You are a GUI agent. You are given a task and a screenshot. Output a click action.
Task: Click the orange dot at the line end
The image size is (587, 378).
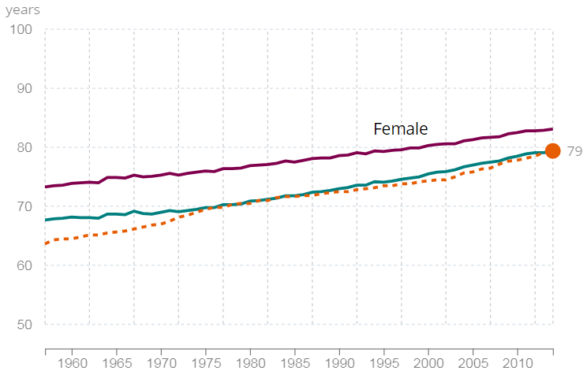(x=552, y=150)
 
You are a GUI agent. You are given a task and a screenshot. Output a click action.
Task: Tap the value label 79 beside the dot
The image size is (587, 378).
(x=574, y=150)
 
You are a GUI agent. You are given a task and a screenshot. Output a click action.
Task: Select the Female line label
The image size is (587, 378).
(x=400, y=128)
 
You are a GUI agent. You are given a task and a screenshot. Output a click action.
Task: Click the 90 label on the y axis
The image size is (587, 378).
(x=22, y=89)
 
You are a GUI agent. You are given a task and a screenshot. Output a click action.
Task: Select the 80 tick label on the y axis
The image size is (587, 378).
(x=22, y=148)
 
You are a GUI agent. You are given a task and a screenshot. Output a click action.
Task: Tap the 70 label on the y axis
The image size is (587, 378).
(x=22, y=207)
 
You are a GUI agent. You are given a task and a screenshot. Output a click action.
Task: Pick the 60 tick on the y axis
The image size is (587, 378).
(x=22, y=266)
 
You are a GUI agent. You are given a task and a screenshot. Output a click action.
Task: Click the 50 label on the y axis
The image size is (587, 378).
(x=22, y=325)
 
